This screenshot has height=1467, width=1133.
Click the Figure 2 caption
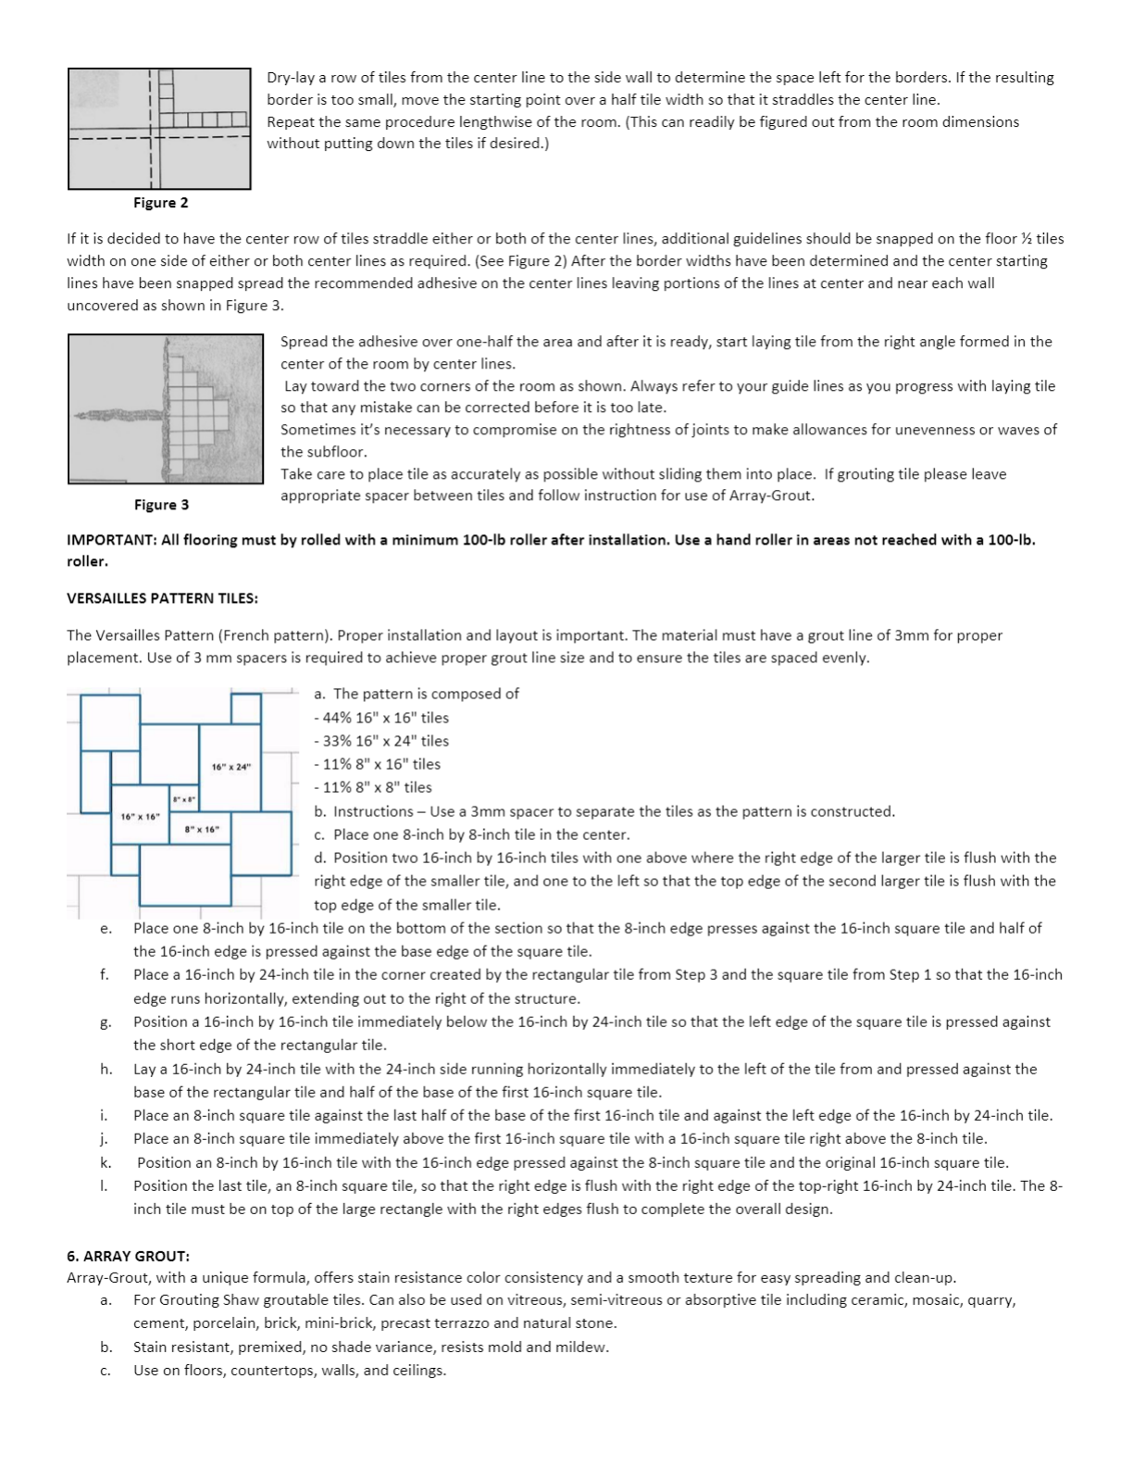click(x=160, y=203)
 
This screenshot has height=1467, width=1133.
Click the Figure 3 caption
click(x=161, y=505)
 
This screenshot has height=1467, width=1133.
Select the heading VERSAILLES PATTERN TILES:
click(x=162, y=598)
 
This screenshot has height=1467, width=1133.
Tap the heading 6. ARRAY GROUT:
click(x=128, y=1256)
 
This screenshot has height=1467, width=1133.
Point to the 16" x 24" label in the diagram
click(x=230, y=767)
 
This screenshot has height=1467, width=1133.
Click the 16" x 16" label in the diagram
click(x=141, y=816)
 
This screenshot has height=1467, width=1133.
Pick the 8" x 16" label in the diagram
click(x=201, y=830)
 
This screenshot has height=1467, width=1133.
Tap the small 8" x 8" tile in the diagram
click(x=183, y=799)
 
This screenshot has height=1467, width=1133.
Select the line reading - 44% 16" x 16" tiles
click(x=381, y=718)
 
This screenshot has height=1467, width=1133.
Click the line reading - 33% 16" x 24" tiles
click(x=381, y=741)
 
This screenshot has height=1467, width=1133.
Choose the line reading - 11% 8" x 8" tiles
click(x=373, y=787)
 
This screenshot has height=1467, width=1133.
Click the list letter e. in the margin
click(x=106, y=928)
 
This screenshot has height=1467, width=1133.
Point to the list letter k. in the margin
click(x=106, y=1162)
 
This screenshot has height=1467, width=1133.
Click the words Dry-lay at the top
click(x=291, y=78)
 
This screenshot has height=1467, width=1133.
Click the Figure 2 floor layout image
click(x=159, y=129)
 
